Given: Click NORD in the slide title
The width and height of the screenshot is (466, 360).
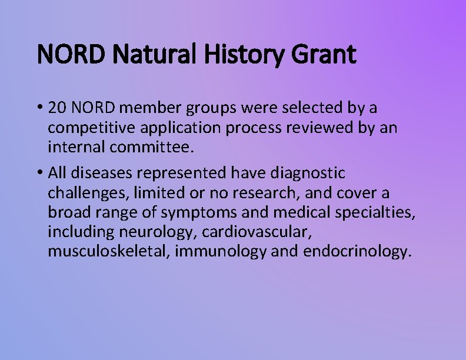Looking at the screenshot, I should click(72, 55).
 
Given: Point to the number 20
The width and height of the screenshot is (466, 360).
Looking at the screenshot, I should click(59, 108).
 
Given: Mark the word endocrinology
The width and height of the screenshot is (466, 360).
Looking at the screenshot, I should click(356, 252).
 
